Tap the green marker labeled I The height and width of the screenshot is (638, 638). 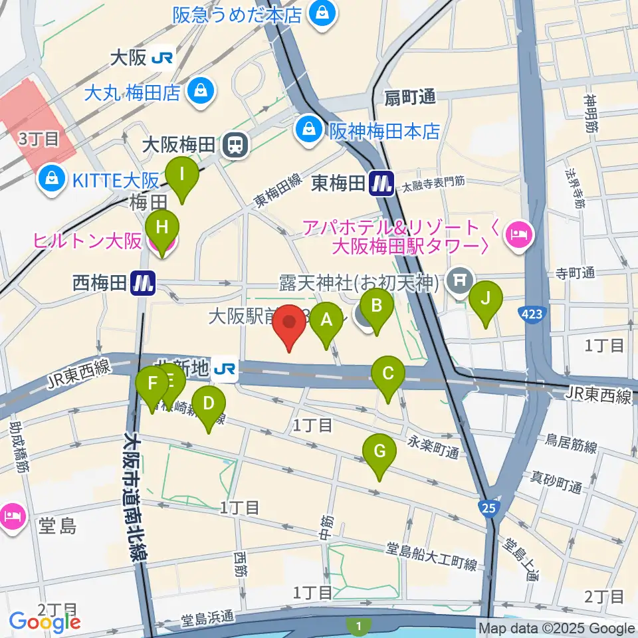[182, 177]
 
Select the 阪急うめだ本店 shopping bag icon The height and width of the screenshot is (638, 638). [322, 15]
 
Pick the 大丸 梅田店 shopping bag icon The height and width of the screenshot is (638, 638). [199, 92]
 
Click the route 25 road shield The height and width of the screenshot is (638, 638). [488, 508]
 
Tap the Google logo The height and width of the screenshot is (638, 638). [45, 622]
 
